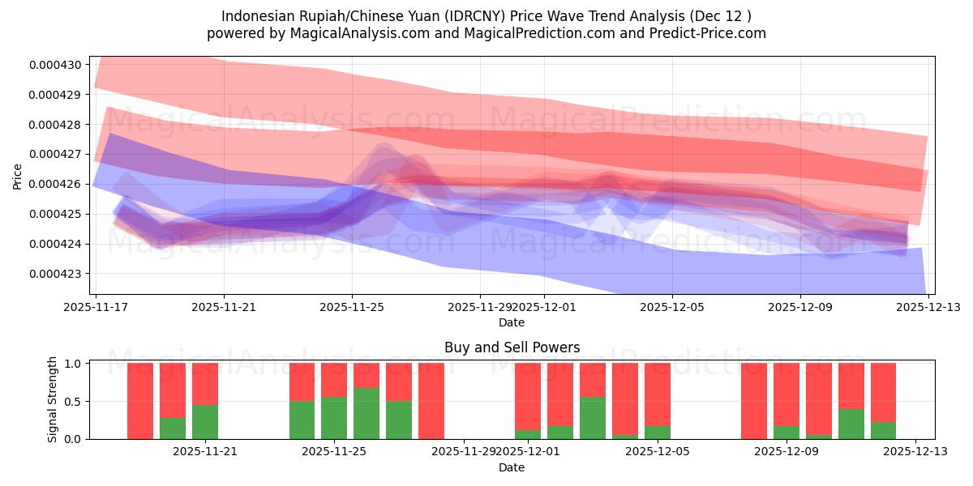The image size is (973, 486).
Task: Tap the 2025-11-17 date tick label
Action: click(x=96, y=308)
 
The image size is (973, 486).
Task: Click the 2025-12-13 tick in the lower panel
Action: click(x=915, y=452)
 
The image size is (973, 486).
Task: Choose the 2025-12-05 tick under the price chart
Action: click(x=671, y=308)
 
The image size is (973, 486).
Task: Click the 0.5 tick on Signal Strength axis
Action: click(x=73, y=401)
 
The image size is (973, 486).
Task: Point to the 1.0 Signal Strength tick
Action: click(x=73, y=364)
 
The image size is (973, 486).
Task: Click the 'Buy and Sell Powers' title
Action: click(x=512, y=347)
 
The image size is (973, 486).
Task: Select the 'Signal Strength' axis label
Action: click(x=53, y=399)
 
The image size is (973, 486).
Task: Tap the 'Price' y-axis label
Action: click(x=18, y=176)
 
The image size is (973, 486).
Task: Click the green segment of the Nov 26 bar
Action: click(x=366, y=413)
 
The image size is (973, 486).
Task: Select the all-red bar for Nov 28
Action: click(x=431, y=401)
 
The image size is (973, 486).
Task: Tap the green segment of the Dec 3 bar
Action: click(x=593, y=418)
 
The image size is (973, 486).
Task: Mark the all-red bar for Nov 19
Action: click(x=140, y=401)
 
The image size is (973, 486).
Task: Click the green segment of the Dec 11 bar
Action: click(x=851, y=424)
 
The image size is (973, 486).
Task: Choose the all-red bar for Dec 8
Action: click(x=754, y=401)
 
